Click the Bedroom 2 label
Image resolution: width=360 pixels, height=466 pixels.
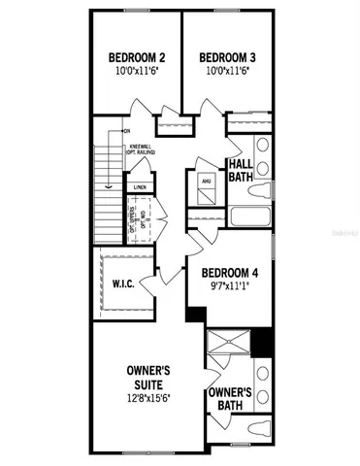[135, 55]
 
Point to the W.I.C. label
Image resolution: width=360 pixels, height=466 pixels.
[121, 285]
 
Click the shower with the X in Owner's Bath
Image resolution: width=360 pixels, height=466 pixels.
[229, 348]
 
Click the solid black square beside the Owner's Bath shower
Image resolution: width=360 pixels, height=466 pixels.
[258, 342]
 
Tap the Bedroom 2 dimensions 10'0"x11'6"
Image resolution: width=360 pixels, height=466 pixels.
[135, 70]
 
